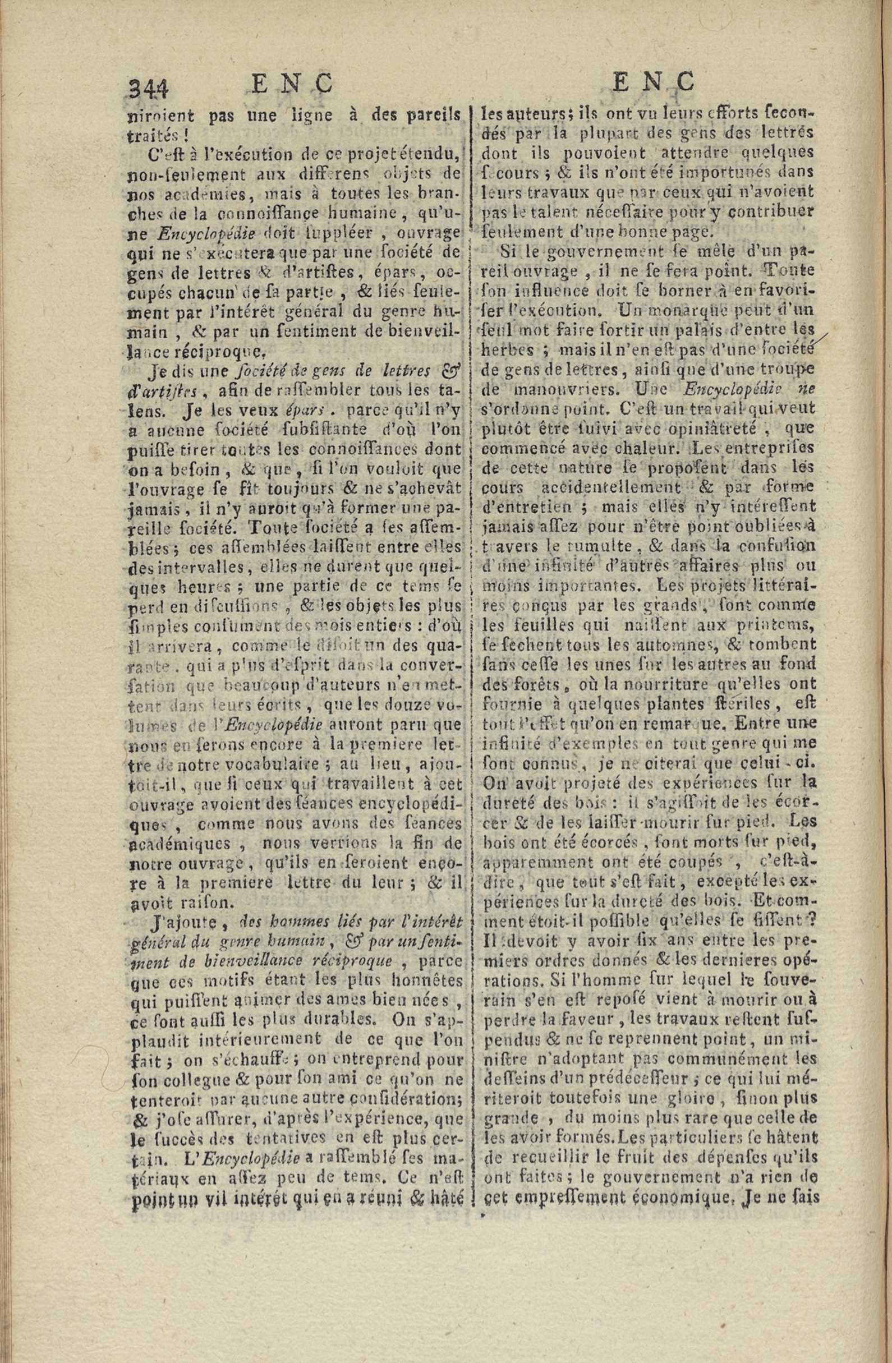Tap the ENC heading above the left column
click(x=292, y=84)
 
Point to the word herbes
click(x=508, y=350)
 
